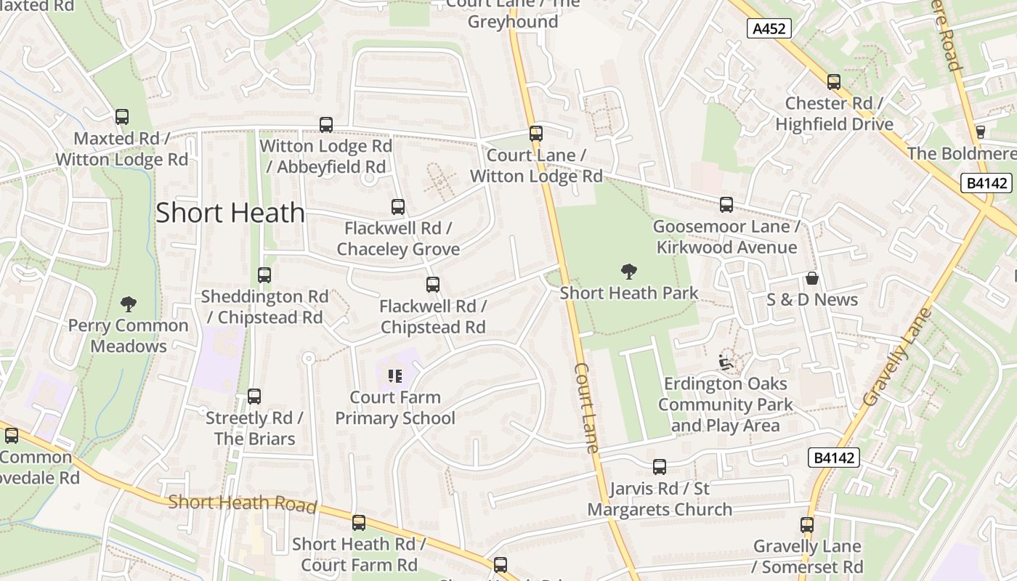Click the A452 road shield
(769, 28)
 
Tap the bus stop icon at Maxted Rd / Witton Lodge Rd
(122, 116)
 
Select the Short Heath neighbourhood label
(230, 213)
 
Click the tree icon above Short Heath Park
(629, 272)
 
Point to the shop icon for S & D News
(811, 278)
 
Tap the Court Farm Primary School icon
(395, 375)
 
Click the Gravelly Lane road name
(897, 357)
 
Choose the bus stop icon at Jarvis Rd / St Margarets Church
(660, 467)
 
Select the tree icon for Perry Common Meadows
(129, 304)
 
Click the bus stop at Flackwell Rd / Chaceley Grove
(398, 207)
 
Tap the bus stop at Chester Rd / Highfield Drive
(834, 82)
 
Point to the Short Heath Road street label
(243, 503)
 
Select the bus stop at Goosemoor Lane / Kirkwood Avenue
(726, 205)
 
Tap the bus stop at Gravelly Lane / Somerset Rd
(807, 524)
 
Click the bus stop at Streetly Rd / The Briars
(254, 397)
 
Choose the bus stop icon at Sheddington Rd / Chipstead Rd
(264, 275)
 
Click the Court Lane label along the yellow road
(587, 407)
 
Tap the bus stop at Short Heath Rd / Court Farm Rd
(359, 523)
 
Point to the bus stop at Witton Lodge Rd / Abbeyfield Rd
(326, 125)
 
